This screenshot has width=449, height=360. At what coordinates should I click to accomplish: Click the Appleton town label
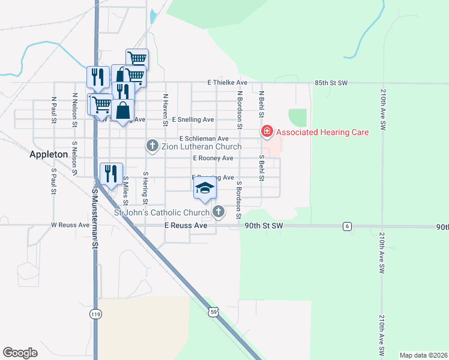coord(49,154)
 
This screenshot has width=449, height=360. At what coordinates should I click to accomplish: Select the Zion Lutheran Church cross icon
coord(152,146)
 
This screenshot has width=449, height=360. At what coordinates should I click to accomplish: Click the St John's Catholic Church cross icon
coord(219,212)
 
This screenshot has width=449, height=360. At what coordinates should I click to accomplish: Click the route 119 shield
coord(95,314)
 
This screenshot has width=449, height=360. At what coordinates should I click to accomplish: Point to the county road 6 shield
coord(348,226)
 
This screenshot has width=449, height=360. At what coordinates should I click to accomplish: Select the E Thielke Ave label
coord(228,82)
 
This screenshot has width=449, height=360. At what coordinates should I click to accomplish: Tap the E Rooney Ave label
coord(212,158)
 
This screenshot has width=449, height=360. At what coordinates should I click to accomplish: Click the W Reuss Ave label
coord(70,226)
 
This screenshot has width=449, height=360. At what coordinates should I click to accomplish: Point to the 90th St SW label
coord(264,226)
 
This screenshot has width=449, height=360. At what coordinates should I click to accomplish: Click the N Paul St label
coord(54,110)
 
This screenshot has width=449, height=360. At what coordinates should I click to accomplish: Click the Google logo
coord(20,353)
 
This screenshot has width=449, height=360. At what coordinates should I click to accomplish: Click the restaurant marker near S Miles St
coord(111,174)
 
